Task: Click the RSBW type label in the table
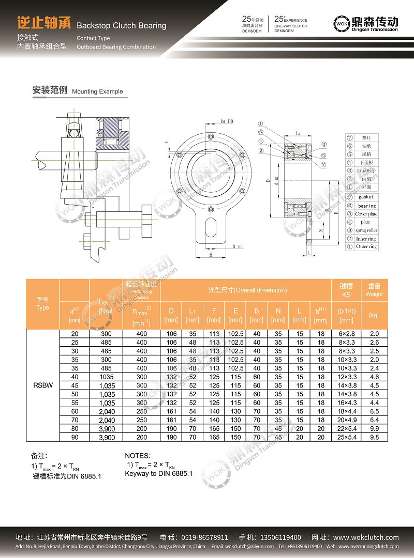[x=42, y=385]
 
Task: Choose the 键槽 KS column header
[x=346, y=290]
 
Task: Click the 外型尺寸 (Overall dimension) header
[x=247, y=290]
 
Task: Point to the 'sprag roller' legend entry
[x=366, y=230]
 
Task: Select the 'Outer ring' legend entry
[x=366, y=246]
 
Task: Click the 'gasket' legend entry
[x=366, y=197]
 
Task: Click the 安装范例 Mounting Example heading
[x=78, y=90]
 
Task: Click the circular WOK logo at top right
[x=342, y=24]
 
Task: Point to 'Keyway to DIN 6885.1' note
[x=158, y=473]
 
